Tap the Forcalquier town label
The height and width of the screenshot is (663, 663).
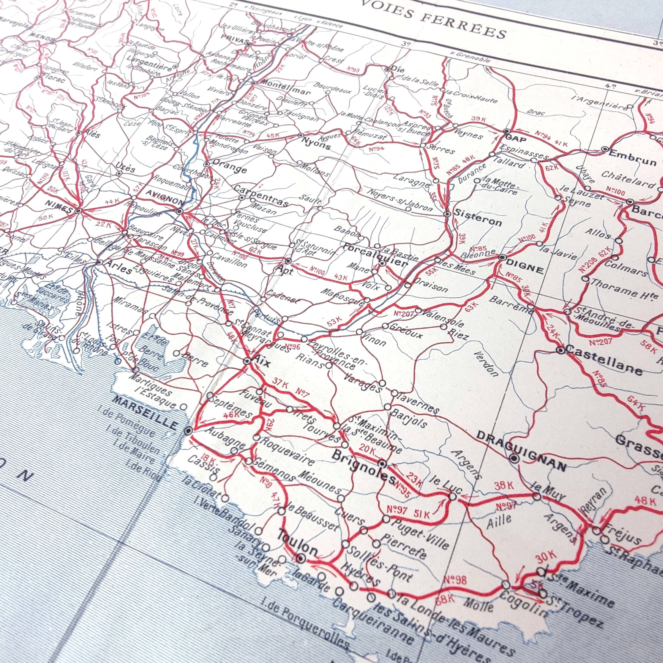coord(374,256)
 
